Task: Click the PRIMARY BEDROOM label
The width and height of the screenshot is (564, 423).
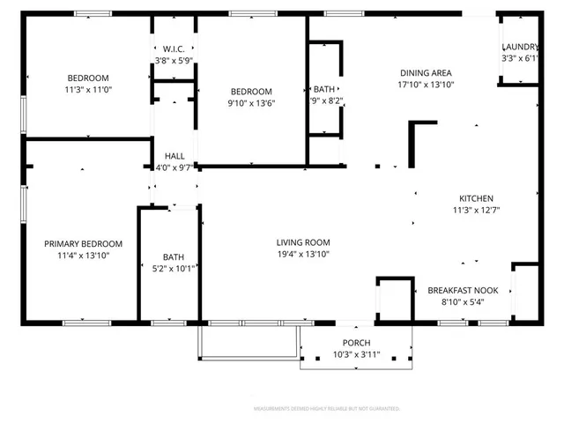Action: [x=84, y=243]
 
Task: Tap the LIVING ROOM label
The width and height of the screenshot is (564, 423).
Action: [x=302, y=242]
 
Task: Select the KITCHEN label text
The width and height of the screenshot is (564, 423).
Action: [x=476, y=198]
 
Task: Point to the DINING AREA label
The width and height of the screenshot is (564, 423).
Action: [x=426, y=73]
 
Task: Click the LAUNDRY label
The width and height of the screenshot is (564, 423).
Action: [x=519, y=47]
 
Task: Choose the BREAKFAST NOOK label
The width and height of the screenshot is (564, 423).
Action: [x=463, y=290]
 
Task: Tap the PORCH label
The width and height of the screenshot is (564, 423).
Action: [x=356, y=342]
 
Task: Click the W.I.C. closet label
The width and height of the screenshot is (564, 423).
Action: [x=172, y=48]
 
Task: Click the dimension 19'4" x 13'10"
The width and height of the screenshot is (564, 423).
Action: [x=302, y=254]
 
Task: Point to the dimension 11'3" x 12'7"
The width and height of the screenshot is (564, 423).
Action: [x=476, y=210]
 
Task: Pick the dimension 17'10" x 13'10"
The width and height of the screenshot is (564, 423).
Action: [x=426, y=85]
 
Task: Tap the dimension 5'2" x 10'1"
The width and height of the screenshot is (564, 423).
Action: [x=173, y=269]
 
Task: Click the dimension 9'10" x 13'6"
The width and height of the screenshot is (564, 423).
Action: [x=251, y=102]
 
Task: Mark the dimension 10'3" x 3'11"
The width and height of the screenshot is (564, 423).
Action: [x=356, y=353]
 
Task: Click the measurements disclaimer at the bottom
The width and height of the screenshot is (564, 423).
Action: [x=327, y=409]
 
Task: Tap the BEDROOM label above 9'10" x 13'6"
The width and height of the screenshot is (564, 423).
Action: [x=251, y=91]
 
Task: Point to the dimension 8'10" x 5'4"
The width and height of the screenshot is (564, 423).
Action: [x=463, y=301]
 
